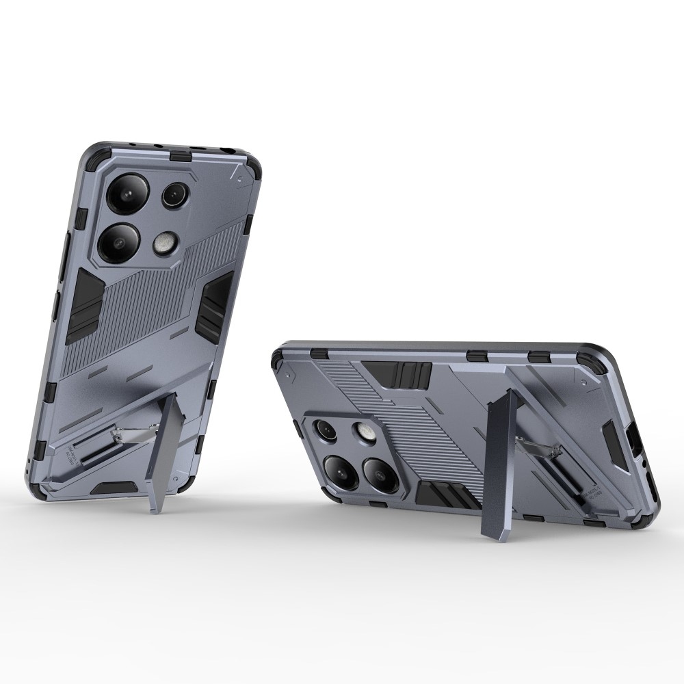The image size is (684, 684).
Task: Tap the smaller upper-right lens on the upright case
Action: point(174,196)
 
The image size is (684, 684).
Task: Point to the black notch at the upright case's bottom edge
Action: point(111,488)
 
